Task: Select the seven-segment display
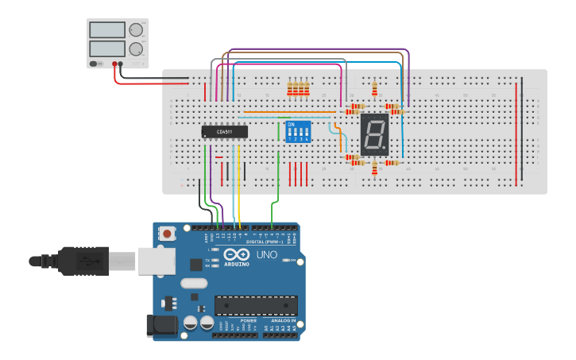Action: [374, 134]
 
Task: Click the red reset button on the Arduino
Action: [168, 234]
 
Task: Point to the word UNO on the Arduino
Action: [267, 255]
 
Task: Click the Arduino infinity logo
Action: [236, 254]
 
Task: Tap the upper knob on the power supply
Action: [136, 30]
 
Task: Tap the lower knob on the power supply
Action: [136, 48]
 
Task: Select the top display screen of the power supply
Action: [106, 30]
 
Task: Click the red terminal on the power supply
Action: [115, 64]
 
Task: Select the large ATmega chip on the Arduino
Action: [256, 305]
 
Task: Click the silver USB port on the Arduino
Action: [157, 261]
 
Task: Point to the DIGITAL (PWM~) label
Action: [268, 242]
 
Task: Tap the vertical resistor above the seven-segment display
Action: [374, 87]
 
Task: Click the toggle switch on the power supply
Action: [95, 64]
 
